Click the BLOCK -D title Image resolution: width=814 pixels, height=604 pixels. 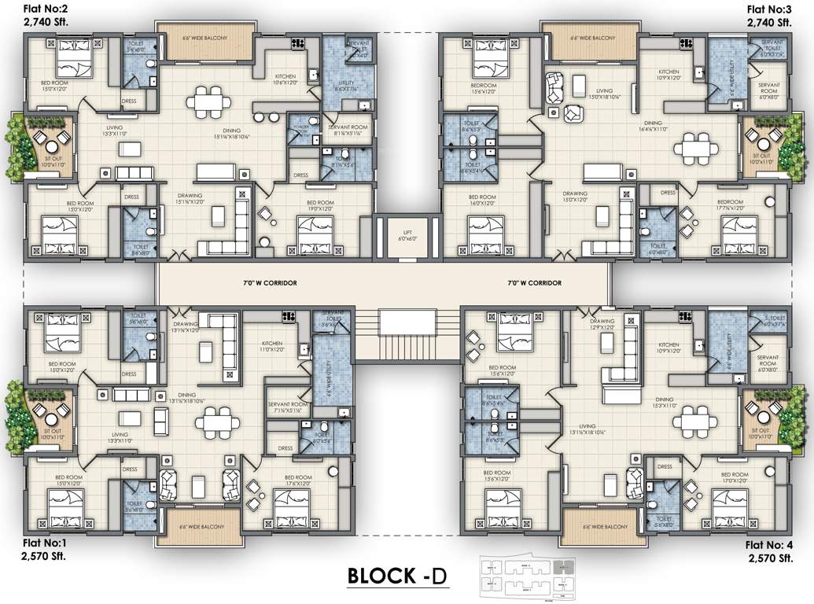coord(397,576)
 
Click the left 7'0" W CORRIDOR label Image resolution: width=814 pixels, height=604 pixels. coord(271,282)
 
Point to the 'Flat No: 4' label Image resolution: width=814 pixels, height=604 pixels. coord(768,544)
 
